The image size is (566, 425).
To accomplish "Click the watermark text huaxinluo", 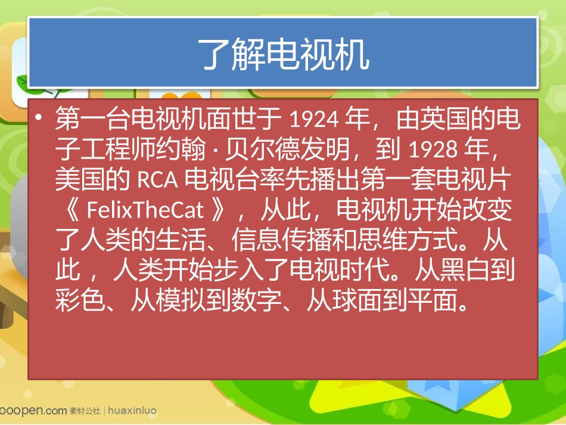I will pyautogui.click(x=132, y=411).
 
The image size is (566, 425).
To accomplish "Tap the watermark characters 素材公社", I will pyautogui.click(x=84, y=411).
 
